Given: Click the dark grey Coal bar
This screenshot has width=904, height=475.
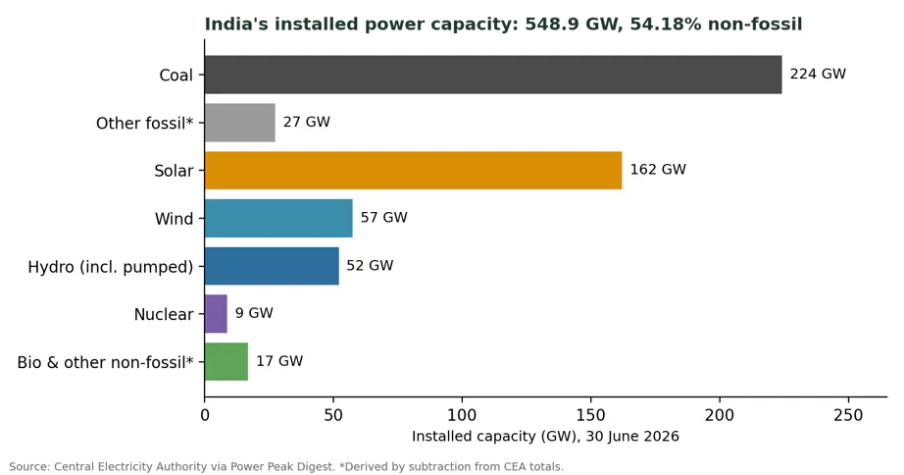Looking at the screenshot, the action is pos(493,75).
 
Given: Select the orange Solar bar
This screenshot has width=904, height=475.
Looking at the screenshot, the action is pos(414,170).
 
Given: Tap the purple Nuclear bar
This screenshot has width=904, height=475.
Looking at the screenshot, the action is pos(217,314).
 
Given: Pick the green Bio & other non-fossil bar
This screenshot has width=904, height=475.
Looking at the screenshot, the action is pos(226,362).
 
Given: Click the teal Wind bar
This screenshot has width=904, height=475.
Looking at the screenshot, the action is pos(278,218).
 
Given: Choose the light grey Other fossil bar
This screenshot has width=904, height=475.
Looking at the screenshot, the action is pos(240,123).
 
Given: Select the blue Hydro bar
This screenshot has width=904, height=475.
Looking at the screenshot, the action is pos(273,266).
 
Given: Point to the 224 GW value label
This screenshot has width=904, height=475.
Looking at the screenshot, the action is pos(818,74).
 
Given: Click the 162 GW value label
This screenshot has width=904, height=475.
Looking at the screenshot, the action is pos(658,170).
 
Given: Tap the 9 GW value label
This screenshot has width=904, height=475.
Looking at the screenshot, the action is pos(254,313).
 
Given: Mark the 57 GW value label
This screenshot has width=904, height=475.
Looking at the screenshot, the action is pos(384,218).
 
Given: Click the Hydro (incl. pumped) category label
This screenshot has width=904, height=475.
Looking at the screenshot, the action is pos(111,267).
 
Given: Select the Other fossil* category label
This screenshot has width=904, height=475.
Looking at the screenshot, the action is pos(145,124).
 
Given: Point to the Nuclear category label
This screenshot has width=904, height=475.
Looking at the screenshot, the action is pos(164,315).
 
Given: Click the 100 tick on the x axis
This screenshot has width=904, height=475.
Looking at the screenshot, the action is pos(462,415).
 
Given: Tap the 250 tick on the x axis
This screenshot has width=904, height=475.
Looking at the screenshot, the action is pos(848,415).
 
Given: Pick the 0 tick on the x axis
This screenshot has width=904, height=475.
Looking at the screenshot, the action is pos(205,415).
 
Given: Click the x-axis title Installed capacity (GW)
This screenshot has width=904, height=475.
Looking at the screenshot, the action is pos(495,437).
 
